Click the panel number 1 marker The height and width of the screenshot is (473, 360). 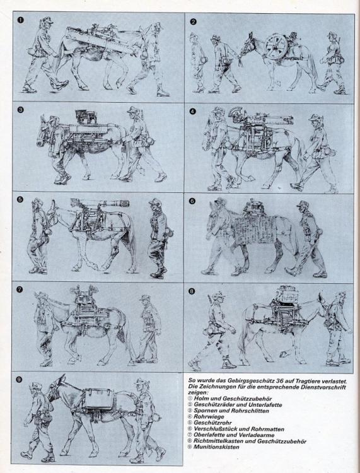21,20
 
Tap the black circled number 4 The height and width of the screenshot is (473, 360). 193,112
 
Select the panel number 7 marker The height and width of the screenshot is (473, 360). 20,289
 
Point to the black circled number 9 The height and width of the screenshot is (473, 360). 20,380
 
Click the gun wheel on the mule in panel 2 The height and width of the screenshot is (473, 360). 276,46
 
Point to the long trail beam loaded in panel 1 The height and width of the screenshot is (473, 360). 100,41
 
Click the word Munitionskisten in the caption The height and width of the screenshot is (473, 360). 216,447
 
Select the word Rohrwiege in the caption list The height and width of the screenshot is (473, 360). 209,417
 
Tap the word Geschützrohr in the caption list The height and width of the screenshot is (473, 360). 212,423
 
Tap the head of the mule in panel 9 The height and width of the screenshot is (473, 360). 55,390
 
